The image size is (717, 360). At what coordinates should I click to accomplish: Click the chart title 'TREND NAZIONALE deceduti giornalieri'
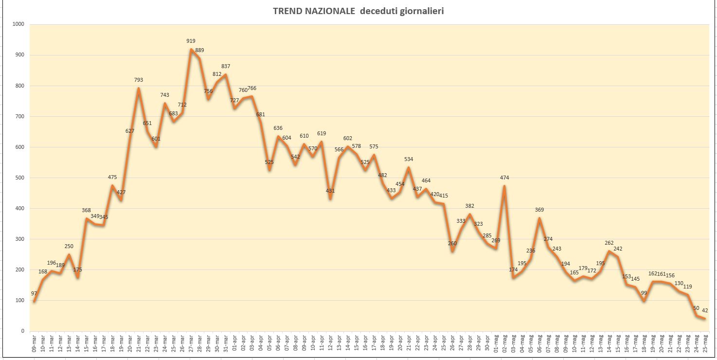coord(358,11)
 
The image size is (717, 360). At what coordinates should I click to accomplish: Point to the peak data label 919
coord(191,41)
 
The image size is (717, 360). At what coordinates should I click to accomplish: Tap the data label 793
coord(139,80)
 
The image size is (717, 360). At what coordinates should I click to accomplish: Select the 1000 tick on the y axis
coord(18,24)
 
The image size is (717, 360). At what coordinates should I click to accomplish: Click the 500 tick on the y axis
coord(20,178)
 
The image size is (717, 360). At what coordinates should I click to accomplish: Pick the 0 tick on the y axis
coord(23,331)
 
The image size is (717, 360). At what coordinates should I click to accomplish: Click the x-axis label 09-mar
coord(34,344)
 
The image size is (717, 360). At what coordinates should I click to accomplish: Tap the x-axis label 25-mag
coord(705,344)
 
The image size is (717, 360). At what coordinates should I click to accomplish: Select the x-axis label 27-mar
coord(191,344)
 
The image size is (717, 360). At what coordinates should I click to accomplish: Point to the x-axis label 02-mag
coord(504,344)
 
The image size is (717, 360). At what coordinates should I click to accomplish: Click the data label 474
coord(504,178)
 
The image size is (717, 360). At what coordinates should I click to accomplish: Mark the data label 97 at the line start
coord(34,294)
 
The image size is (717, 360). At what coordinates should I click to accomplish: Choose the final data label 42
coord(705,311)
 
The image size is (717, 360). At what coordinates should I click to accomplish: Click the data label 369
coord(539,210)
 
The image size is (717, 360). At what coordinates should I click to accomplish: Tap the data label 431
coord(330,191)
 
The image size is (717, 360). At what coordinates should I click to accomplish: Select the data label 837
coord(226,67)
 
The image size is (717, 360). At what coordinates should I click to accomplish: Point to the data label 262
coord(609,243)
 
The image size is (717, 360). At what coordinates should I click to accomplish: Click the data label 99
coord(644,293)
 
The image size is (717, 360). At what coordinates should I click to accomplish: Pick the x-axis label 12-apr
coord(330,344)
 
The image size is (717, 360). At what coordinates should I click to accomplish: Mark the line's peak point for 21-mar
coord(139,88)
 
